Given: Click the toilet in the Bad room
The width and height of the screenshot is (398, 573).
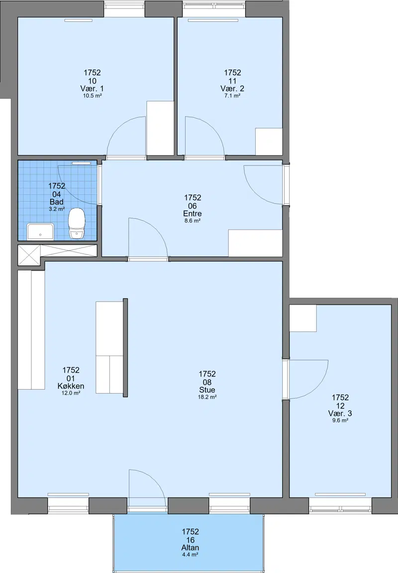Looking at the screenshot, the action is point(77,223).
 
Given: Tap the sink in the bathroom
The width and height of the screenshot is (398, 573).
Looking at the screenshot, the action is point(41,231).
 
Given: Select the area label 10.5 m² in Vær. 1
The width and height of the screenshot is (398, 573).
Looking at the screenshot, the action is point(92,96).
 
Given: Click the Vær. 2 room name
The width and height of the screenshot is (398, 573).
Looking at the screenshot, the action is point(232,88).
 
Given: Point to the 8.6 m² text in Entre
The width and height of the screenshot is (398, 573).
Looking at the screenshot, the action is point(193,221).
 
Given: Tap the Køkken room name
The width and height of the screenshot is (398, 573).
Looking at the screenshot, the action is point(71,386).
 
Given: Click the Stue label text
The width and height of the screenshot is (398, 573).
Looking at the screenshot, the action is point(207,390).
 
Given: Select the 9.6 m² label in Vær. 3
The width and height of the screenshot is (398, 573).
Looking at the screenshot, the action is point(340,420).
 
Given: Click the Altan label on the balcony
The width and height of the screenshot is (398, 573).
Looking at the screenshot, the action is point(190,548).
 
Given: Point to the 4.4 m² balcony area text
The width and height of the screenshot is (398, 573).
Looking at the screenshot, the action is point(190,554).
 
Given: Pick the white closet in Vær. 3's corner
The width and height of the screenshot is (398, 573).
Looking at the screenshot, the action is point(303,318).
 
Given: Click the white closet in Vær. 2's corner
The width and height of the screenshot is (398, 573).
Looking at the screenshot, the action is point(269,142).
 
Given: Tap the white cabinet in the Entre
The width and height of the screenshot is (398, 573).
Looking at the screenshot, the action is point(255,243).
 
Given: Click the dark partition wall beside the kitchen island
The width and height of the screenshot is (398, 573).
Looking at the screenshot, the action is point(125,347).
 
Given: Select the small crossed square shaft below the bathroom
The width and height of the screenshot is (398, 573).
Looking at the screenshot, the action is point(29,255).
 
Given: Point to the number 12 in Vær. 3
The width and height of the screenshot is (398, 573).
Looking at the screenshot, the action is point(340,406).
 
